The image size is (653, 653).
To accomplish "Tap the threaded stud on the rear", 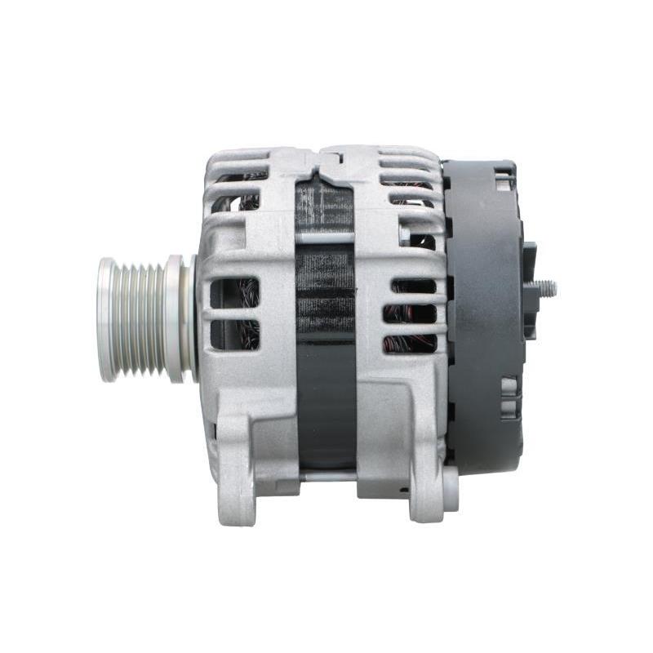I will coord(545,288).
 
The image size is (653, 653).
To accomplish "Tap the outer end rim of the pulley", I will coord(106,318).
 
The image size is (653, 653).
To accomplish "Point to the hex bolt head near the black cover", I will coord(406,235).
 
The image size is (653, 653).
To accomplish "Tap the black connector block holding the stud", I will coord(529,290).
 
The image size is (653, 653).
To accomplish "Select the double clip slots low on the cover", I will coord(509,396).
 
